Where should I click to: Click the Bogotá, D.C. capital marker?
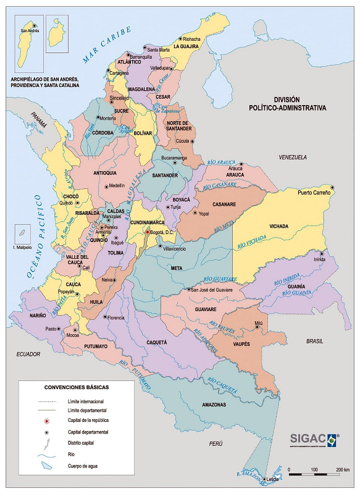(147, 232)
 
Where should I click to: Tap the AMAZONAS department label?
(214, 404)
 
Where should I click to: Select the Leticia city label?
(273, 480)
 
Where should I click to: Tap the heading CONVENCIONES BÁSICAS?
(76, 387)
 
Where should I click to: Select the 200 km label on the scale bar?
(343, 471)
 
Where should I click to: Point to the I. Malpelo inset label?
(23, 248)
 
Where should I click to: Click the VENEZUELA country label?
(293, 157)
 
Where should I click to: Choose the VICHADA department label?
(278, 227)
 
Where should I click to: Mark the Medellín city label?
(116, 185)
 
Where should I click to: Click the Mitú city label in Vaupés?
(259, 323)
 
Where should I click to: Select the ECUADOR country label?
(28, 354)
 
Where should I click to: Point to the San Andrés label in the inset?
(29, 30)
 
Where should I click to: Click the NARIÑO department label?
(37, 316)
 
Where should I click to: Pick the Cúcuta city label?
(182, 141)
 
